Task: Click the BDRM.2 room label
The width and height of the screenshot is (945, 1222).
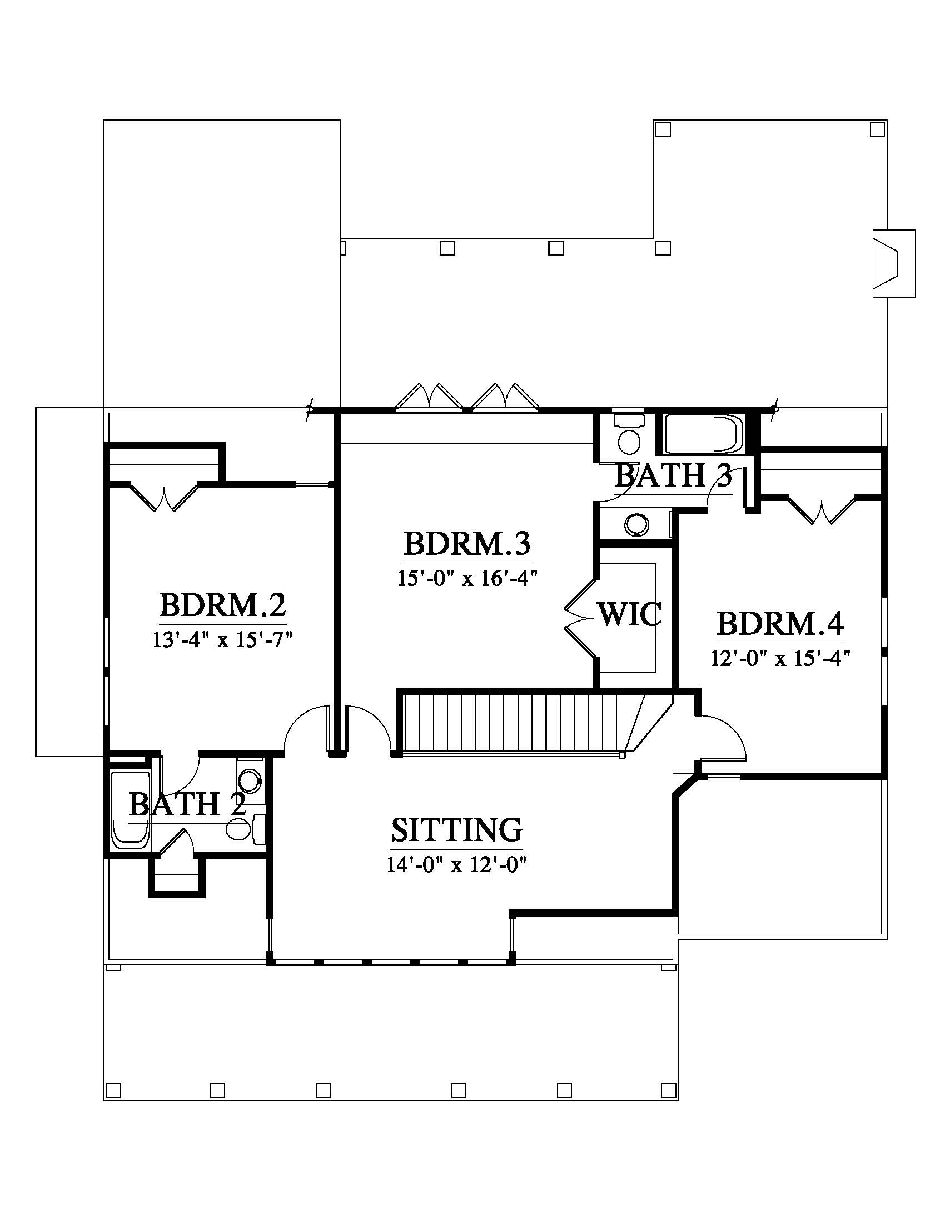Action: tap(223, 605)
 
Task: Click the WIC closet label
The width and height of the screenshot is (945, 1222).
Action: tap(630, 614)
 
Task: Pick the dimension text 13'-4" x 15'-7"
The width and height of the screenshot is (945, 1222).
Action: tap(223, 639)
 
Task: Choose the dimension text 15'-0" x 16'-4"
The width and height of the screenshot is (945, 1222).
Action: tap(467, 578)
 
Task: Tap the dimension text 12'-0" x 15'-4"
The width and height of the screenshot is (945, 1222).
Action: tap(780, 658)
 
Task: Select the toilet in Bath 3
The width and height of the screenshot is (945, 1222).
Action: tap(630, 435)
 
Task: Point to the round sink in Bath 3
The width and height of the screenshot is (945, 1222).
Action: tap(637, 524)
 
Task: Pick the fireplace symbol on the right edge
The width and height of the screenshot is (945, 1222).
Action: tap(894, 263)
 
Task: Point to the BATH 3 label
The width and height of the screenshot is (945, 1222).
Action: tap(674, 476)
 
